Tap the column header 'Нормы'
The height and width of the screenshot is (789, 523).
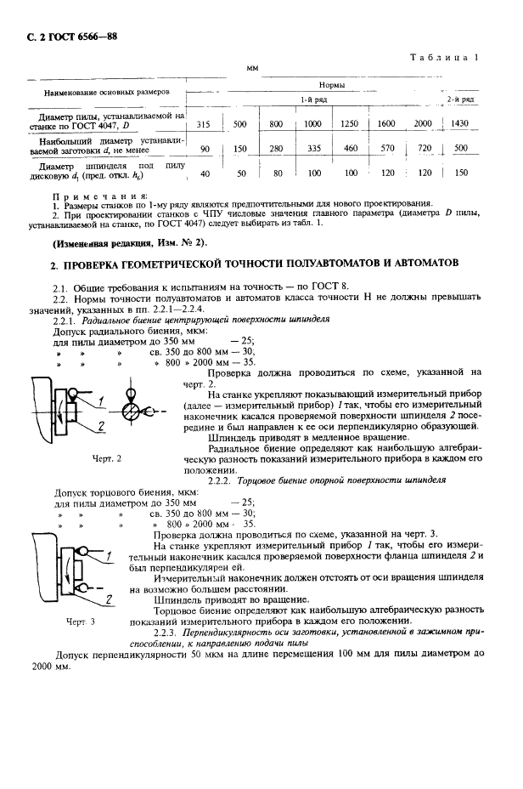click(x=331, y=86)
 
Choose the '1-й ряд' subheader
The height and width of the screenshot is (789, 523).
click(x=308, y=100)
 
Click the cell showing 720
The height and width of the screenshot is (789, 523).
click(x=423, y=149)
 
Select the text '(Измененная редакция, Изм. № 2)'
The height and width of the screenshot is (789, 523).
click(x=130, y=242)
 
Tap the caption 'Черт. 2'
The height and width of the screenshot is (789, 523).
click(x=106, y=458)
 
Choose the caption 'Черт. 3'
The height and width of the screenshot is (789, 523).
click(x=80, y=622)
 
